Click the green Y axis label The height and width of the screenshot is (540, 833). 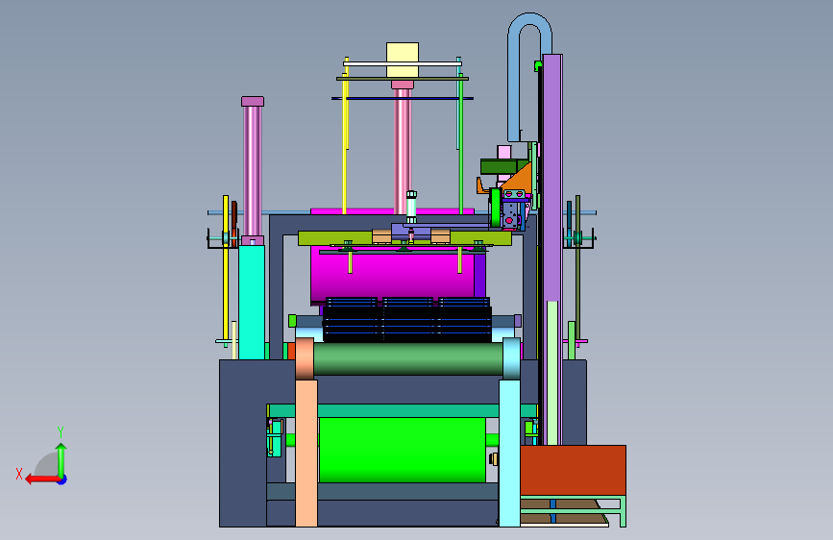[61, 432]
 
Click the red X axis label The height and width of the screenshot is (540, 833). [19, 474]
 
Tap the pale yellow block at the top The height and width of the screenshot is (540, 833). [403, 61]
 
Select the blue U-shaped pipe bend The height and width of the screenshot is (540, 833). [529, 74]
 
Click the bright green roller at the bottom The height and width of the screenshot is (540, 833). [403, 450]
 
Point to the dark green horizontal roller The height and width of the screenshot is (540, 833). [408, 358]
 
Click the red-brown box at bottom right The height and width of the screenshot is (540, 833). [573, 471]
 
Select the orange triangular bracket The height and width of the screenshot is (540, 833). [519, 177]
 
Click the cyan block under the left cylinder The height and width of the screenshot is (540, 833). [252, 302]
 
